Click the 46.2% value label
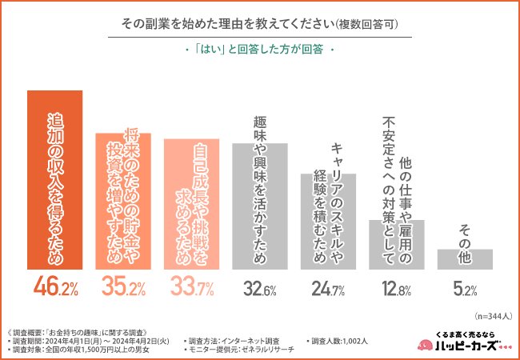[54, 287]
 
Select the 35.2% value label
[122, 287]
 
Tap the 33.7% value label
[191, 287]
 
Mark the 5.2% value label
[464, 287]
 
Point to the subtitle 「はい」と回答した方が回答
[259, 48]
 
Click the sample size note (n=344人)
[490, 314]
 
